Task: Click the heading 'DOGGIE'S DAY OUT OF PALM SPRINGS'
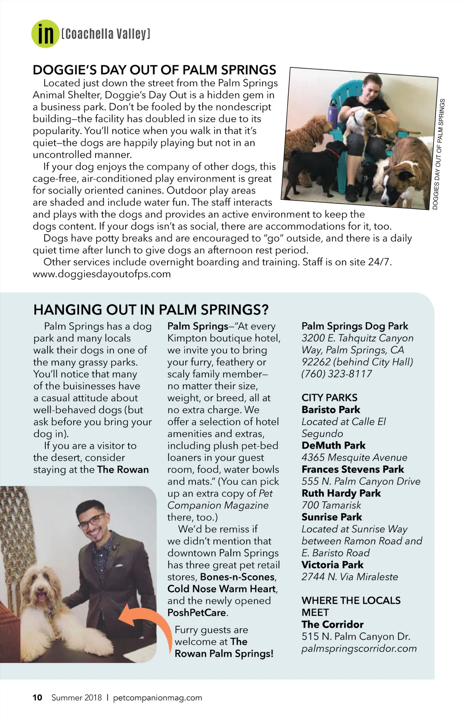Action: [154, 70]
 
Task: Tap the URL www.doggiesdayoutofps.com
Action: [102, 274]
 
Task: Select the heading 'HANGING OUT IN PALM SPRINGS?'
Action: [151, 310]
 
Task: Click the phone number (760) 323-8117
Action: [336, 374]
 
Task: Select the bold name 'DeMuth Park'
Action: [333, 445]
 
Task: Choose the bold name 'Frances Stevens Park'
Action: [353, 469]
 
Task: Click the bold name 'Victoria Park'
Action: [332, 565]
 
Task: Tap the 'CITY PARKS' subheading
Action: [329, 398]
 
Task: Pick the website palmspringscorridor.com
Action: [359, 649]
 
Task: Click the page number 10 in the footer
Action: [37, 698]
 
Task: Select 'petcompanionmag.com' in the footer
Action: [157, 698]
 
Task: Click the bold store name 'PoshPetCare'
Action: [197, 613]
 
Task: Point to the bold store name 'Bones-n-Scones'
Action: [238, 577]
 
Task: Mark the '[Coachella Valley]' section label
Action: [105, 34]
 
